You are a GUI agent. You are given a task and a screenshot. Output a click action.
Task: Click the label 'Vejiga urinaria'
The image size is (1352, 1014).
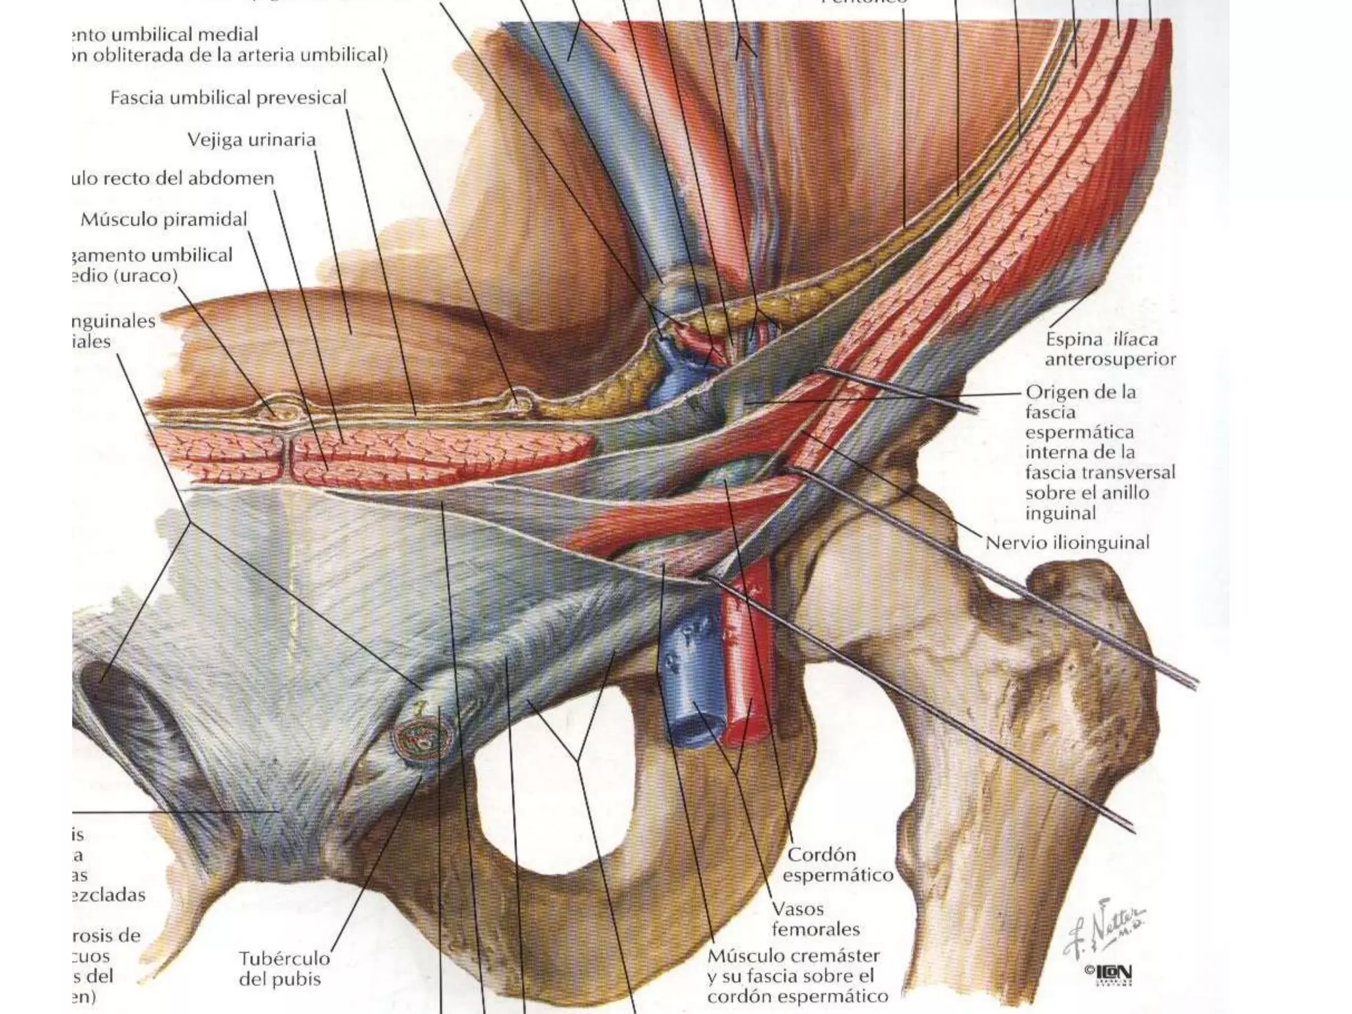pyautogui.click(x=252, y=140)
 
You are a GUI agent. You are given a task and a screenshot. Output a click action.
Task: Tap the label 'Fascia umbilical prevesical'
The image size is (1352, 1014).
pyautogui.click(x=228, y=98)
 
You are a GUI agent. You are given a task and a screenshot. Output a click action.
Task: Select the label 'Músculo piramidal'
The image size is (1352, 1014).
pyautogui.click(x=164, y=219)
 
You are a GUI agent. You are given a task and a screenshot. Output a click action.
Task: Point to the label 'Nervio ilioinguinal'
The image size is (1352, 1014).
pyautogui.click(x=1067, y=543)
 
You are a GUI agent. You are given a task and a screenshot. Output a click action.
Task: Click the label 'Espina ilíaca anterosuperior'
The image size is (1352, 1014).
pyautogui.click(x=1110, y=349)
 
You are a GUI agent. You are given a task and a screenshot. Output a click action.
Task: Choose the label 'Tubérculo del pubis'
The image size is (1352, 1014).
pyautogui.click(x=284, y=968)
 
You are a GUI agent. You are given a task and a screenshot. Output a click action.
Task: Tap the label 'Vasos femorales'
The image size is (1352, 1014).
pyautogui.click(x=816, y=920)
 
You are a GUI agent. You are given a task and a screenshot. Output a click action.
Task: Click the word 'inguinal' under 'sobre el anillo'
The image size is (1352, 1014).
pyautogui.click(x=1060, y=513)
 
